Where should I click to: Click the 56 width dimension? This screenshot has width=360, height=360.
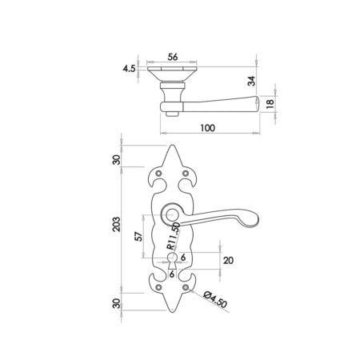[x=173, y=58]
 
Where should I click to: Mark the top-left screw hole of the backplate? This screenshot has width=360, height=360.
[x=160, y=174]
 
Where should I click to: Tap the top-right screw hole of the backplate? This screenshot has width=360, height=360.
[x=186, y=174]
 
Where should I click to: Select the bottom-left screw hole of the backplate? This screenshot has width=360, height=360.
[x=160, y=286]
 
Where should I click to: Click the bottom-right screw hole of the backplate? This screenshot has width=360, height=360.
[x=186, y=286]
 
